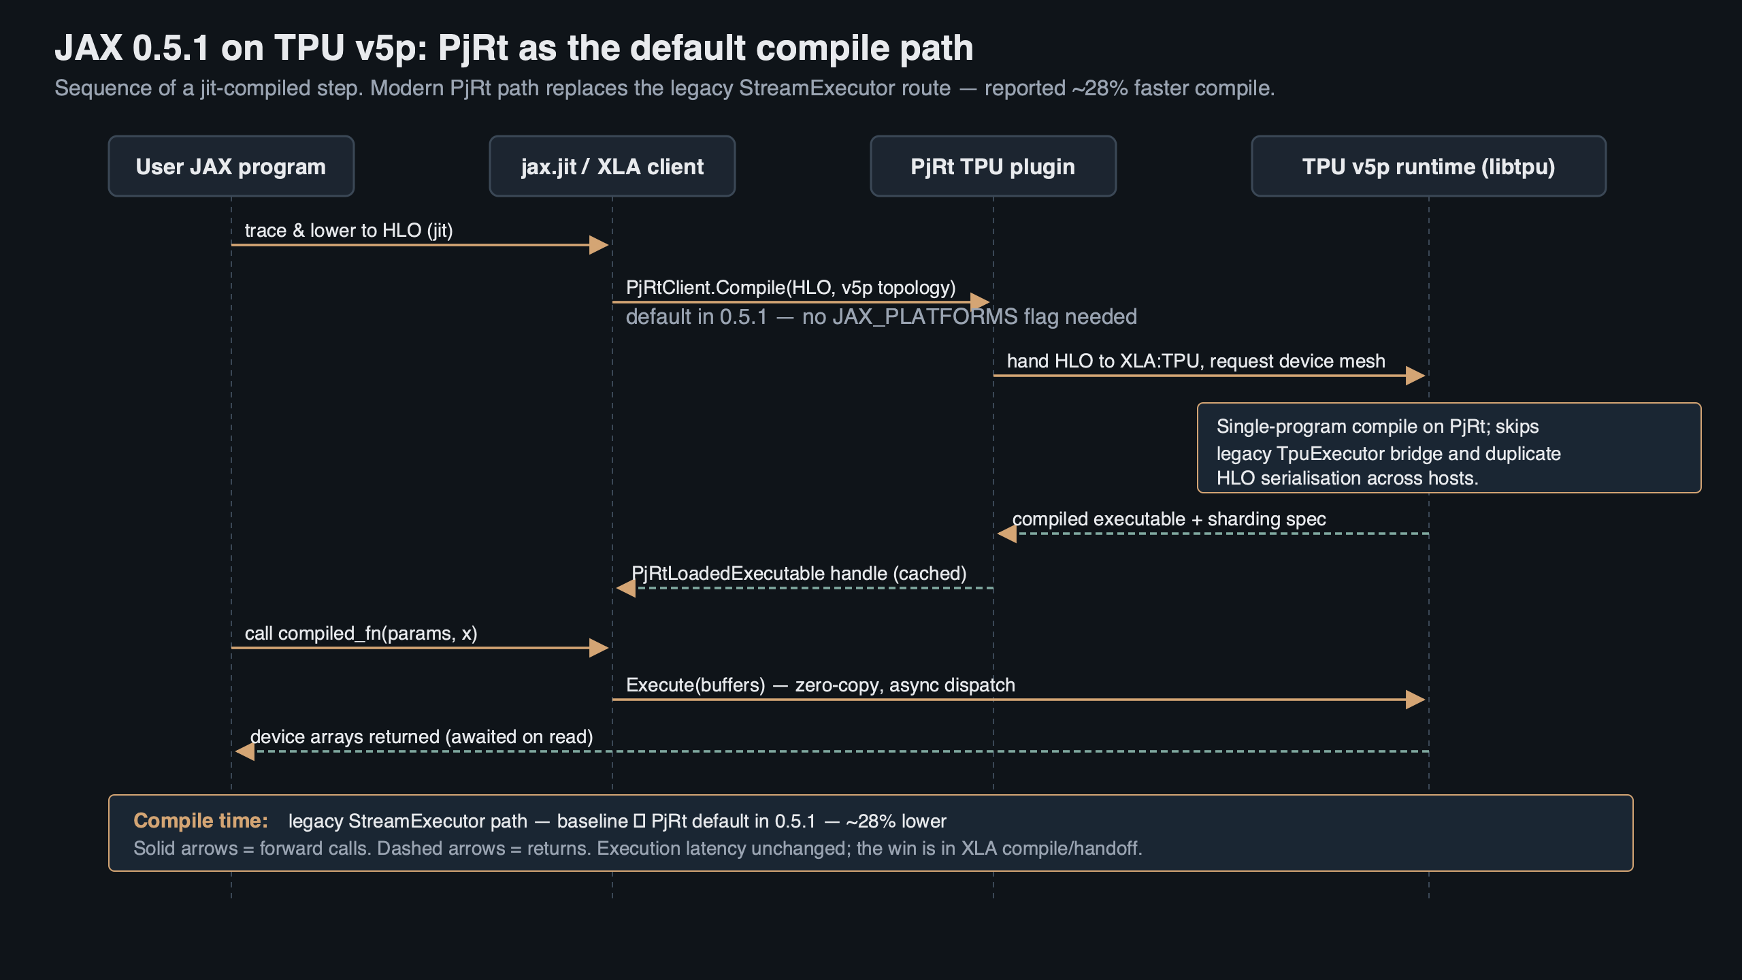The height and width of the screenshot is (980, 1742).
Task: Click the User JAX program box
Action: [x=231, y=167]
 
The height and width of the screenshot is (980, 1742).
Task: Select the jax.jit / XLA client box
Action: [x=612, y=167]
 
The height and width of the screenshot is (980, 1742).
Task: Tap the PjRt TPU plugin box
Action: [x=993, y=167]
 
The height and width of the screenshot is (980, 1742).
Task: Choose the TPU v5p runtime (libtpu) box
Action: [x=1428, y=167]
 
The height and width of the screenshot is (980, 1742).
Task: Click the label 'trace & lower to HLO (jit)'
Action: [x=348, y=231]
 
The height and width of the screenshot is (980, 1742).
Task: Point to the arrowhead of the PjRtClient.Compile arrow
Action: [x=980, y=301]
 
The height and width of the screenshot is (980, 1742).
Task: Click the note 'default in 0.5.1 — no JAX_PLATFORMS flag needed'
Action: [x=881, y=317]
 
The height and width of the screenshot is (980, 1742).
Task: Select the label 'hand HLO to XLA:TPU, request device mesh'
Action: [x=1196, y=361]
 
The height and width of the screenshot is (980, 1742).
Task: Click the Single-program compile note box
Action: [x=1449, y=448]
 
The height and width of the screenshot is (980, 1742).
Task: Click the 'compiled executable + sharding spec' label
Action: [x=1168, y=519]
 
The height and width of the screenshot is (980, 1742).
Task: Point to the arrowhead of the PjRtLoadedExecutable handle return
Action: [x=626, y=587]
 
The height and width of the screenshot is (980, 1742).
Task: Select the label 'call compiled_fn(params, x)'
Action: [x=361, y=634]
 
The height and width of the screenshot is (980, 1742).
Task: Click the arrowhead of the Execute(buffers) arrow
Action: [x=1415, y=699]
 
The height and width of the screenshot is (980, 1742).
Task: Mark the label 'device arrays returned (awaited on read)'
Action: [x=421, y=737]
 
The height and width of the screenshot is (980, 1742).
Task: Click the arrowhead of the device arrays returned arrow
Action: [x=245, y=751]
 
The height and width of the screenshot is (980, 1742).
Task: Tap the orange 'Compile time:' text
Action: [x=201, y=821]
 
